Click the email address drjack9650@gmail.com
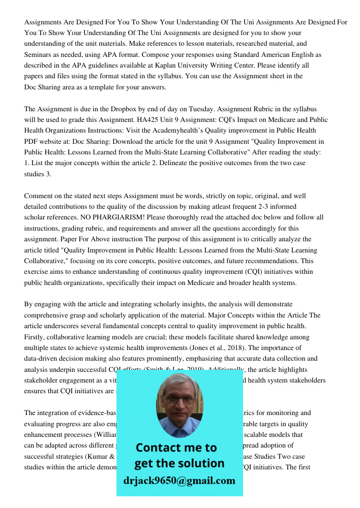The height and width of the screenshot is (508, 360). tap(179, 480)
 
